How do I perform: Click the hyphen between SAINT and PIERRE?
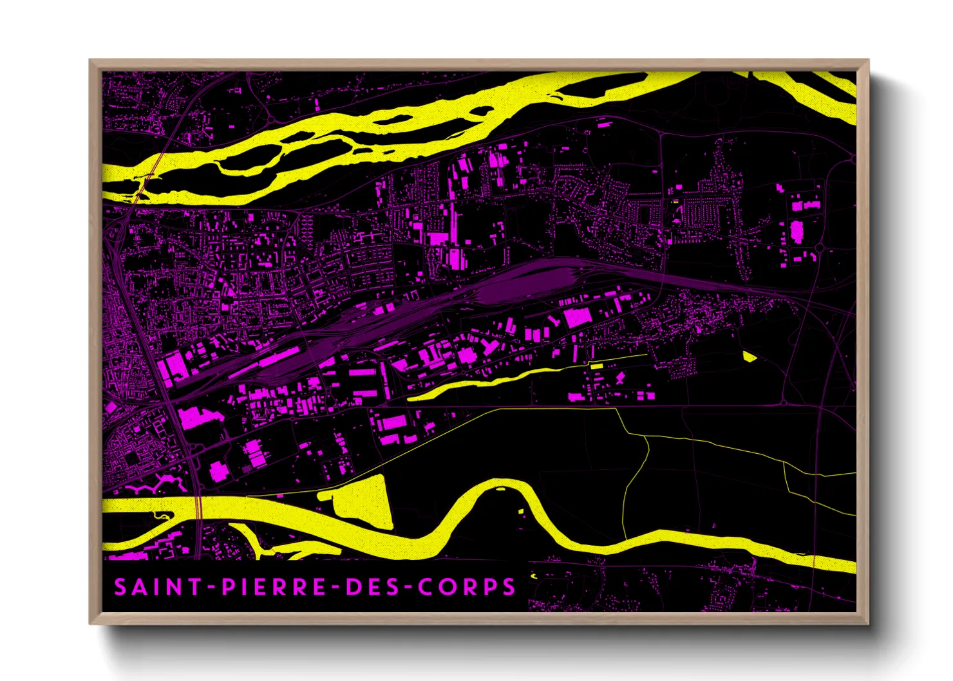point(211,588)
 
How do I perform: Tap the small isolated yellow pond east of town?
point(748,356)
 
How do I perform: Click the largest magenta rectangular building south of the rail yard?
point(578,317)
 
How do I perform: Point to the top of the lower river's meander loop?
point(499,483)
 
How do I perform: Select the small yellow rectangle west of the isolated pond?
point(597,366)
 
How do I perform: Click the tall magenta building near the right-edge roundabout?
point(797,230)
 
